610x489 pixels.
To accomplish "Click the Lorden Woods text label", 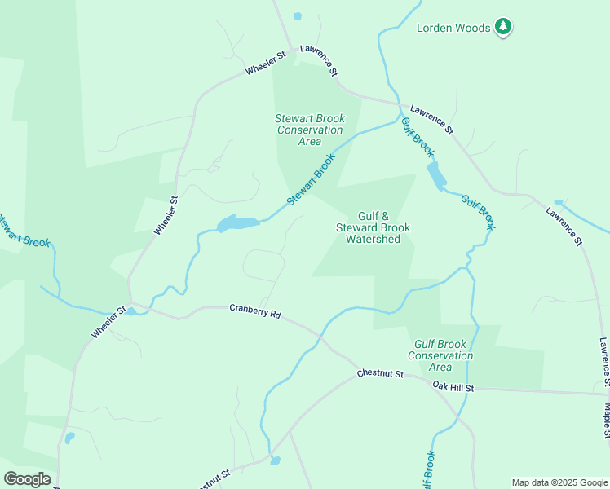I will click(x=454, y=28).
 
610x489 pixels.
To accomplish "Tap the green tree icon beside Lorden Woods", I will click(x=504, y=27).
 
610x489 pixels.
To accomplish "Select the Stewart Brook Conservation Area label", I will click(x=309, y=130).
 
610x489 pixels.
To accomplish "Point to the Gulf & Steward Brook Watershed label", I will click(x=373, y=227).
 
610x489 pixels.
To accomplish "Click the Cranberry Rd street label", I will click(x=254, y=311).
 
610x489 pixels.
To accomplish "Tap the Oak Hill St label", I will click(x=453, y=387).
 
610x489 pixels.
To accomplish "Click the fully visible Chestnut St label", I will click(x=380, y=374).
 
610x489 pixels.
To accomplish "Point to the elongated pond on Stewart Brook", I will click(x=237, y=222).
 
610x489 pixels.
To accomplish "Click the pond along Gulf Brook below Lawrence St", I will click(x=436, y=175).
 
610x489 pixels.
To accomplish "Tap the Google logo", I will click(x=27, y=479).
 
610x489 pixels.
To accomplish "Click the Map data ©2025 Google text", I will click(x=559, y=482).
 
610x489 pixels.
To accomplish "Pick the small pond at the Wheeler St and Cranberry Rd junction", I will click(x=130, y=312).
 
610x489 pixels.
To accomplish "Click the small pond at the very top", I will click(x=297, y=16).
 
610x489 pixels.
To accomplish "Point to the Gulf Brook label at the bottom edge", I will click(x=427, y=469).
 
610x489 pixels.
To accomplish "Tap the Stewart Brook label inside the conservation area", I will click(x=311, y=181).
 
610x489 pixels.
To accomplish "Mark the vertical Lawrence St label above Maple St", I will click(x=604, y=358).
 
